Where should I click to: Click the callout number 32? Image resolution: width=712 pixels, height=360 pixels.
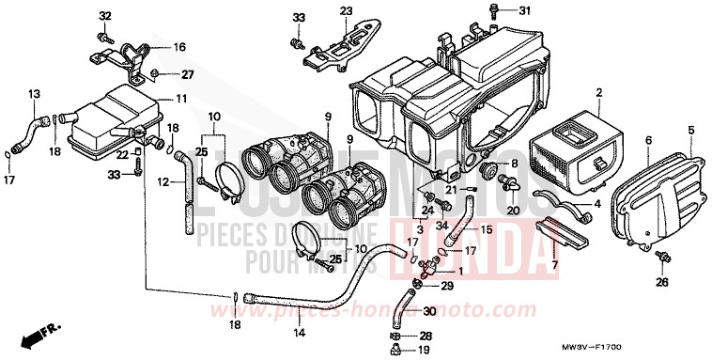coord(104,16)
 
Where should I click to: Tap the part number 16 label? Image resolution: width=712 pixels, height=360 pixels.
coord(179,46)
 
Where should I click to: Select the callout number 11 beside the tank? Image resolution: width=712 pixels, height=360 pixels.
coord(180,99)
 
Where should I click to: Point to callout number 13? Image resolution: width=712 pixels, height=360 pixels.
coord(34,94)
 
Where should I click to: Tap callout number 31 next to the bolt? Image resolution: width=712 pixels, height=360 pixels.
coord(524,11)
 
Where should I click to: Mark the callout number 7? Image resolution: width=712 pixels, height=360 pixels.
coord(555,265)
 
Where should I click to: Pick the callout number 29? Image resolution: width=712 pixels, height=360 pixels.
coord(447,286)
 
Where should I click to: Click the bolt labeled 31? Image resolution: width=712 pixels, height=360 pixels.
coord(494,11)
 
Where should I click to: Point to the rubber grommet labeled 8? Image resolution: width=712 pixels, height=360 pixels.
coord(488,171)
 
